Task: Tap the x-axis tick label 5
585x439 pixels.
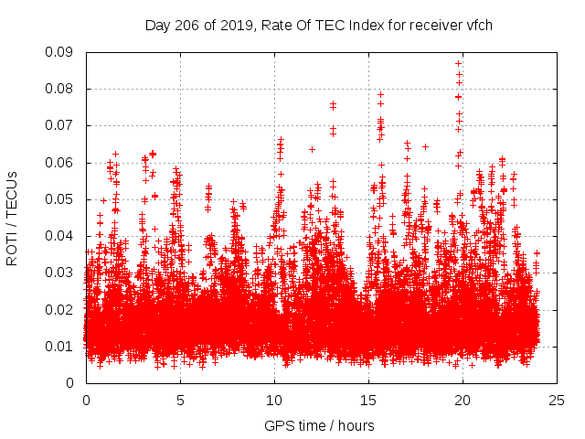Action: point(180,400)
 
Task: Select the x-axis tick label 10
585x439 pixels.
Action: point(274,400)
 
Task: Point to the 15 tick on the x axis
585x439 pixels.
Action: point(368,400)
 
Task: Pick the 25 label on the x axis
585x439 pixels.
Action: point(557,400)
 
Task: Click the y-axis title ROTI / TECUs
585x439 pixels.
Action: point(12,218)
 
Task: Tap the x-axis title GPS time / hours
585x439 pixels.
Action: point(319,425)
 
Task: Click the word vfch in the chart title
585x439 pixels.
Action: point(479,26)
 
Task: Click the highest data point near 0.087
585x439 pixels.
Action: point(458,63)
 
